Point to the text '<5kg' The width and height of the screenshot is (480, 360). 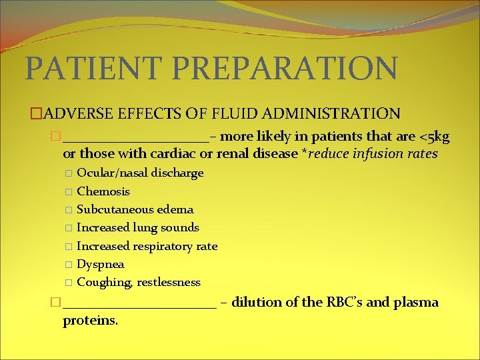pos(434,137)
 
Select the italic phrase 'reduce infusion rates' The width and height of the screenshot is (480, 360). pos(373,154)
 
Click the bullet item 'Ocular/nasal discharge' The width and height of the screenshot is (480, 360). pos(140,173)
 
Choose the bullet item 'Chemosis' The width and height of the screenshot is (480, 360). pos(103,191)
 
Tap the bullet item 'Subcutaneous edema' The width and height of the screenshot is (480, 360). pos(135,209)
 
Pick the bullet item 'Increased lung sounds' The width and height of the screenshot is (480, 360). pos(138,227)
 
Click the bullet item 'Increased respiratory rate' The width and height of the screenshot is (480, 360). pos(147,246)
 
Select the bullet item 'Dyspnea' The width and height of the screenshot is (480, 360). pos(101,264)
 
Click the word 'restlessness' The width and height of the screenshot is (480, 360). pos(169,282)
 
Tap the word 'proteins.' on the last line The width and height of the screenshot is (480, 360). pos(90,321)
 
